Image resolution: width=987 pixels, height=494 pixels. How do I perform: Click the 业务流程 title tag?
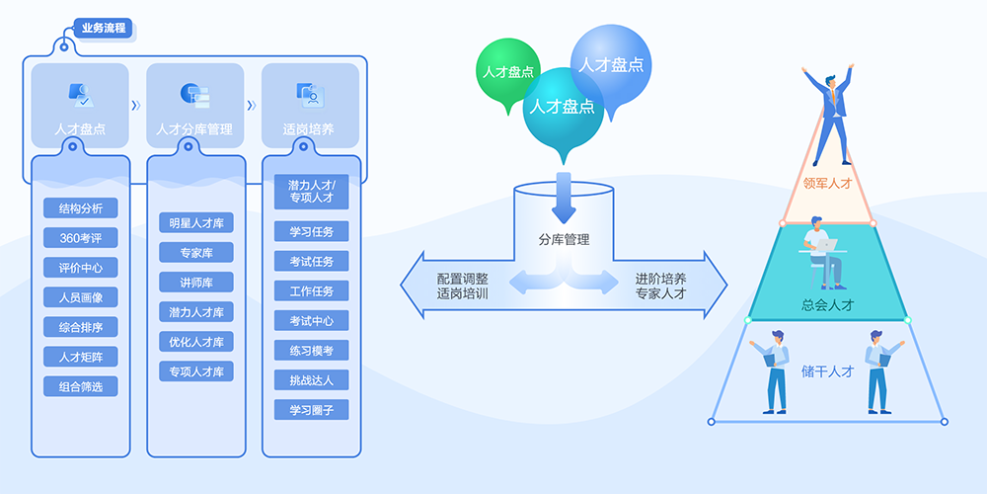click(x=104, y=28)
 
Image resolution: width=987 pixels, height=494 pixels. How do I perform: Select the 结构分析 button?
click(x=81, y=208)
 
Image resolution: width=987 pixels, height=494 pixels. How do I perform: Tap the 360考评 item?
click(x=81, y=238)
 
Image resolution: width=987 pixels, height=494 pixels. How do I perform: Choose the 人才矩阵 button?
click(x=81, y=357)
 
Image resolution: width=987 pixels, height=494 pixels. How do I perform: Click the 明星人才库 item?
click(x=196, y=223)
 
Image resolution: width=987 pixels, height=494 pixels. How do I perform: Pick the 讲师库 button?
click(x=196, y=283)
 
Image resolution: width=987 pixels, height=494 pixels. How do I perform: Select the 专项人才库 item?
click(x=196, y=371)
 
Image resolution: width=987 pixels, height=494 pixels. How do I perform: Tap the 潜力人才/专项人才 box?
click(x=312, y=192)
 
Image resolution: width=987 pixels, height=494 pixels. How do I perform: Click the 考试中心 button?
click(x=312, y=321)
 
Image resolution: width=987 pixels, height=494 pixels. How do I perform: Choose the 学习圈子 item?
click(x=312, y=409)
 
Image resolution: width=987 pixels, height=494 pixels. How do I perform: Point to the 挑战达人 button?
click(x=312, y=379)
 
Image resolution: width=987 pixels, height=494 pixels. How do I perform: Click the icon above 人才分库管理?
click(x=195, y=95)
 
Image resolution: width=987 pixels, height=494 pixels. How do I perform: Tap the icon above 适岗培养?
click(x=310, y=95)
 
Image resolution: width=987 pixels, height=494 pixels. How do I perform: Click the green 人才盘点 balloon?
click(x=508, y=71)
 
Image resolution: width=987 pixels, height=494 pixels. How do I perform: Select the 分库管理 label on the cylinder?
click(x=564, y=239)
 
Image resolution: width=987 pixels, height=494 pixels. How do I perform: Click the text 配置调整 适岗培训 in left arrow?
click(x=463, y=286)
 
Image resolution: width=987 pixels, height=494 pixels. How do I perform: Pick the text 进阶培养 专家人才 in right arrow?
click(x=660, y=286)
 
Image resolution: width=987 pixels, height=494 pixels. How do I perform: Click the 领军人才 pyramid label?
click(x=827, y=183)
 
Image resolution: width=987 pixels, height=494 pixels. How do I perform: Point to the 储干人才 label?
click(x=827, y=371)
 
